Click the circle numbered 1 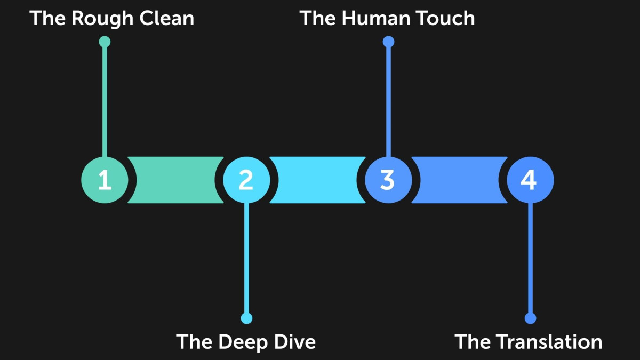point(105,180)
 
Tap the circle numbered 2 point(246,180)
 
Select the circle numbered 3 point(388,180)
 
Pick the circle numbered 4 point(530,180)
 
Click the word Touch point(446,19)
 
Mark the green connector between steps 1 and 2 point(175,180)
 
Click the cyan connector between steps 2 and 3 point(317,180)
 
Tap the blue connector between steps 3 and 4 point(459,180)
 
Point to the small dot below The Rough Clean point(105,42)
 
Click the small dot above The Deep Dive point(246,318)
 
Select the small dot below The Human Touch point(388,42)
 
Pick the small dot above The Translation point(530,318)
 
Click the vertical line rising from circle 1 point(105,101)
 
